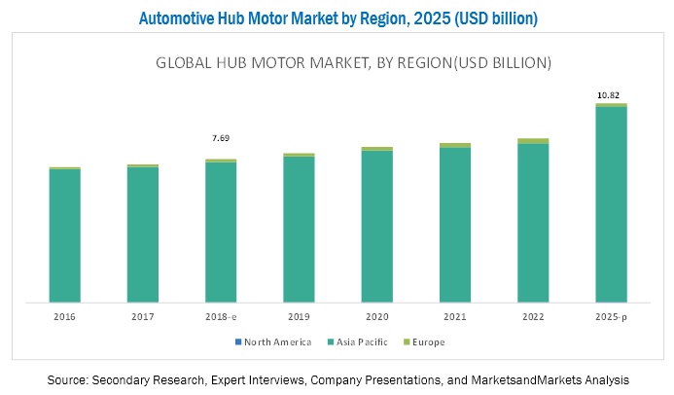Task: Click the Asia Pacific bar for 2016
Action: tap(65, 234)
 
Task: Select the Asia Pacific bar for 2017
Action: tap(143, 233)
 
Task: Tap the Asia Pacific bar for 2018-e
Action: tap(221, 231)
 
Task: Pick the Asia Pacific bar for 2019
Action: tap(299, 228)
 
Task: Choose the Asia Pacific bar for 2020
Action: tap(377, 225)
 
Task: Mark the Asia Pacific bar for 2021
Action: tap(455, 223)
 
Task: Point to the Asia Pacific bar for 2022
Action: tap(533, 221)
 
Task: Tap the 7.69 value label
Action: tap(221, 138)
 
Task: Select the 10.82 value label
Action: tap(611, 94)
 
